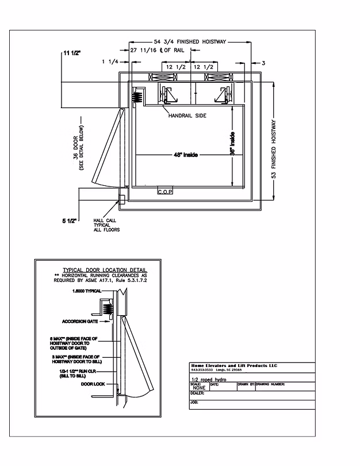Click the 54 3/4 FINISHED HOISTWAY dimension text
[x=191, y=42]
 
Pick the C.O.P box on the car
[x=166, y=191]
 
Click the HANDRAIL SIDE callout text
[x=187, y=116]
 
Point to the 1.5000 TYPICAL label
[x=87, y=291]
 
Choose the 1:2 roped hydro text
[x=207, y=380]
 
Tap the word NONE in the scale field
[x=198, y=388]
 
